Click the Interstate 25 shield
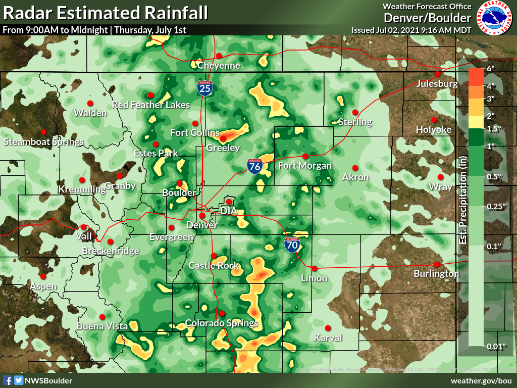tap(205, 88)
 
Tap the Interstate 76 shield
tap(255, 166)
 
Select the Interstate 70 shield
tap(291, 245)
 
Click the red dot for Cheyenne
tap(219, 56)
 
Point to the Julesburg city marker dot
tap(437, 74)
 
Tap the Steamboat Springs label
tap(43, 141)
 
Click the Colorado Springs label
tap(222, 323)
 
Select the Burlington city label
tap(436, 273)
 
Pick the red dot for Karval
tap(327, 327)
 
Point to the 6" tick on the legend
tap(490, 68)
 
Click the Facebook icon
tap(8, 380)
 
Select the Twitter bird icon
tap(18, 380)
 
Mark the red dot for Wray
tap(440, 177)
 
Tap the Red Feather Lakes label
tap(150, 105)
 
